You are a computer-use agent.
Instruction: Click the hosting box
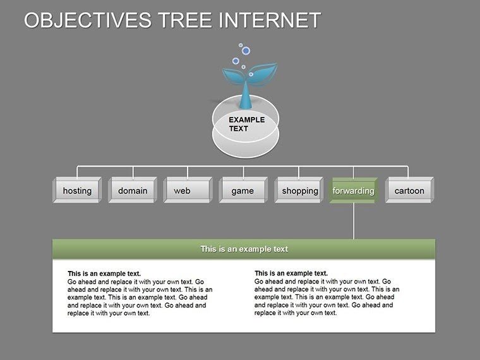tap(77, 191)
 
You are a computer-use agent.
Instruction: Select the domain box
tap(133, 191)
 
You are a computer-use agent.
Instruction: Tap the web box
tap(188, 191)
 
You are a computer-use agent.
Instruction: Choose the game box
tap(243, 191)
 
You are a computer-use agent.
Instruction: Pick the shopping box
tap(299, 191)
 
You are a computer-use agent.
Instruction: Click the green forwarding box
tap(353, 191)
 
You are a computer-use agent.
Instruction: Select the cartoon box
tap(409, 191)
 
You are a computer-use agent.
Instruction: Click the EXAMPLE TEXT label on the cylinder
tap(246, 124)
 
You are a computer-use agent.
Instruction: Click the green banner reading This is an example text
tap(244, 249)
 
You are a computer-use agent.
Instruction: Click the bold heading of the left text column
tap(104, 273)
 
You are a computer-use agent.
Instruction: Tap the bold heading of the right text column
tap(291, 273)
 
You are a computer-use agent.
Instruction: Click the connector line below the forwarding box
tap(353, 221)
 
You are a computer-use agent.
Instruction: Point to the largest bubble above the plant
tap(246, 51)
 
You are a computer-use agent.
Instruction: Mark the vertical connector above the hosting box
tap(77, 172)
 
